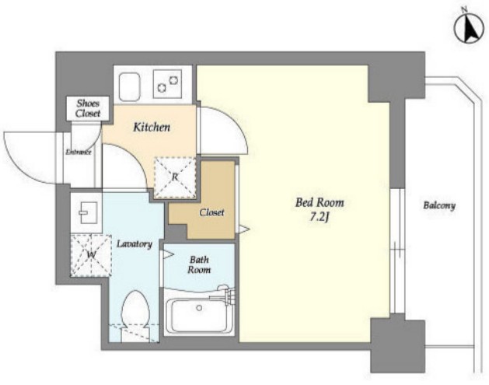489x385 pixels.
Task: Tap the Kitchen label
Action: point(152,128)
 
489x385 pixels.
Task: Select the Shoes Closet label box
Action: point(88,108)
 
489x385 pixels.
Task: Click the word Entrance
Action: point(79,152)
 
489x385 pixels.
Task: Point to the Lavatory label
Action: point(134,243)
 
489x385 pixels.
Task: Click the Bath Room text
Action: point(199,264)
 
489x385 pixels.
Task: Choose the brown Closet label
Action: point(211,212)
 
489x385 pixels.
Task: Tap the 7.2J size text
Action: point(320,218)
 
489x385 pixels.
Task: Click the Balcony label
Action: point(439,205)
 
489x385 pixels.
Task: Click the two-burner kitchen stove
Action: point(167,84)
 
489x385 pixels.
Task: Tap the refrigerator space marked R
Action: point(175,177)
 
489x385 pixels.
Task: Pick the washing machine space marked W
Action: point(91,255)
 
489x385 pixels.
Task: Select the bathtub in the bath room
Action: point(199,316)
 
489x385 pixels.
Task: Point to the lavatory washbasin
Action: point(88,212)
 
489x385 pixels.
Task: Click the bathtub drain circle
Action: point(199,308)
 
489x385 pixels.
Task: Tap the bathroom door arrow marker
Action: point(168,254)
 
